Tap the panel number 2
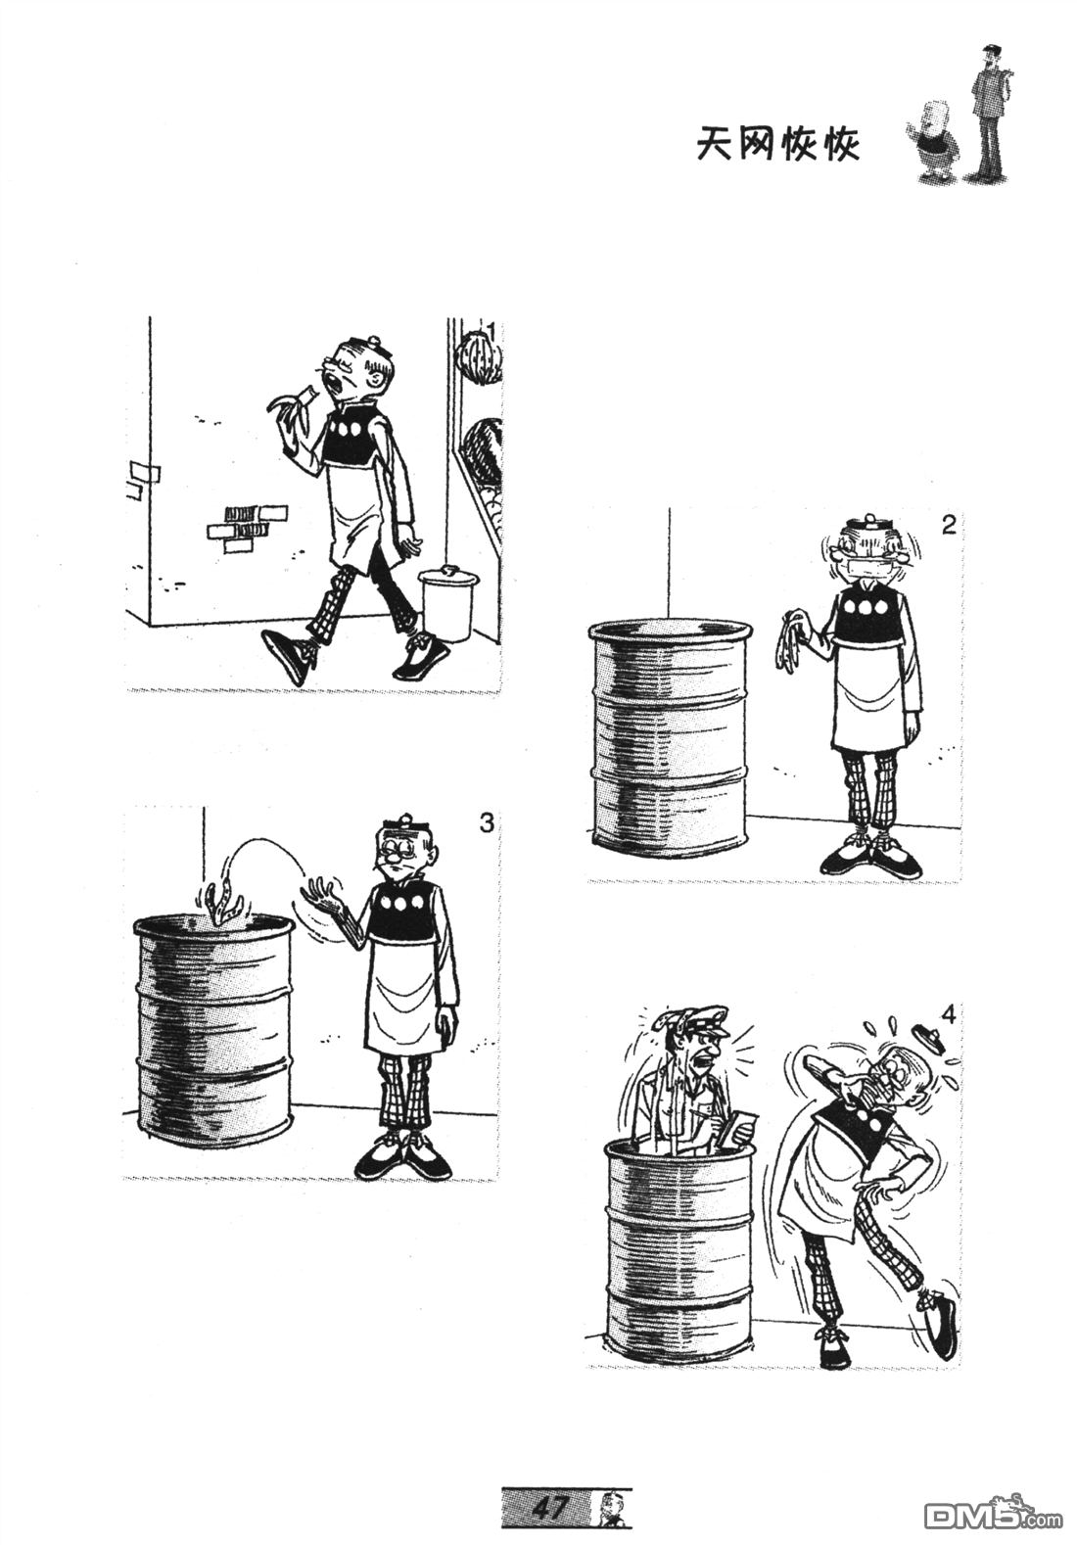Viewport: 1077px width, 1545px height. [948, 527]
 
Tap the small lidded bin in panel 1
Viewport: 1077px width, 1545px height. [446, 601]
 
